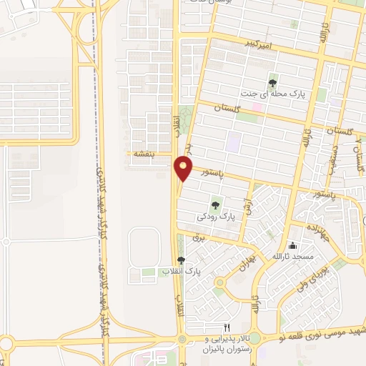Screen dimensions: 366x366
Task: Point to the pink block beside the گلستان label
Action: [257, 107]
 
